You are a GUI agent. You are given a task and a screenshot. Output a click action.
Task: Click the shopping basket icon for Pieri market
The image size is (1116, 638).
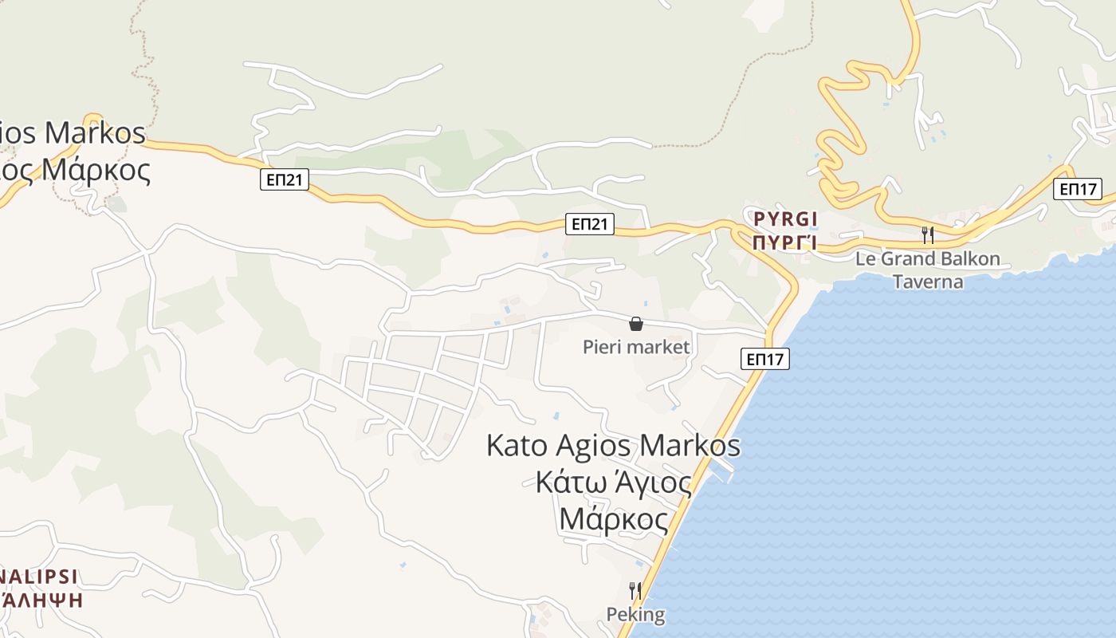click(636, 324)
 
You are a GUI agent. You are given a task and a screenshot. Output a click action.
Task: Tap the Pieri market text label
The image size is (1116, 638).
click(636, 347)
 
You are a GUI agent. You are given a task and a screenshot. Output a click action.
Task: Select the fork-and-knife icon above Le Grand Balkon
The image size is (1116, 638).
click(927, 234)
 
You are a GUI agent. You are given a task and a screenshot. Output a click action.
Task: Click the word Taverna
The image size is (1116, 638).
click(927, 282)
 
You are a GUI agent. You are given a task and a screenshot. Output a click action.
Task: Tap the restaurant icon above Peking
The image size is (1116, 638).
click(635, 591)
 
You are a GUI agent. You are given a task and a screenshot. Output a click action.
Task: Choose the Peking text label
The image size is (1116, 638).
click(635, 615)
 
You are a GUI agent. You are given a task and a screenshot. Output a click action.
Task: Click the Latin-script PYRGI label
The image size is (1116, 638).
click(786, 219)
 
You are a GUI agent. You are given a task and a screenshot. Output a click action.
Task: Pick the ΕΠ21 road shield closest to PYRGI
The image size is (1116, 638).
click(590, 225)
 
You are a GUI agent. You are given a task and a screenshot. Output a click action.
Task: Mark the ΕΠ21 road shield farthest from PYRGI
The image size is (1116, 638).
click(285, 180)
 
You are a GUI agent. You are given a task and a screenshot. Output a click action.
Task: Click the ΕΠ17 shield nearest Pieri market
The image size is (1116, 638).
click(766, 360)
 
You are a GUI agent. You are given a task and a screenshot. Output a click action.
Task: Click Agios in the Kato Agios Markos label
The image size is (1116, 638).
click(593, 445)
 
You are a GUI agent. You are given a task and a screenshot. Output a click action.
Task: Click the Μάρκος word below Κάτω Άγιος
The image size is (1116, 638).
click(614, 519)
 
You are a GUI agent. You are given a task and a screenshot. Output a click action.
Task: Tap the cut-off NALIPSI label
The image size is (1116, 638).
click(40, 577)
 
